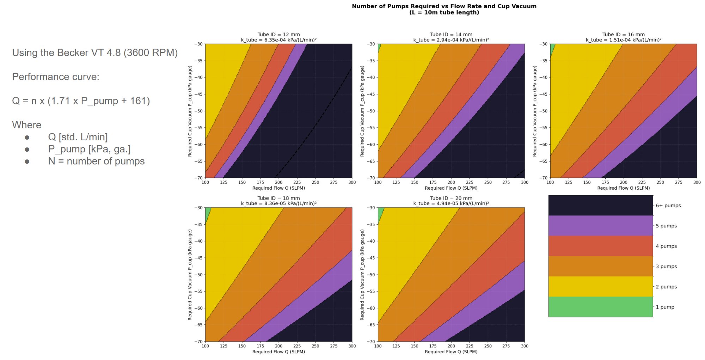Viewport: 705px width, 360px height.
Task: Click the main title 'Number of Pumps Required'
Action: click(x=444, y=6)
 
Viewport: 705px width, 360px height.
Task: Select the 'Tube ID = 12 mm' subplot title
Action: click(x=278, y=35)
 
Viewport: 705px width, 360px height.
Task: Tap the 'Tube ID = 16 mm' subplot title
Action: click(x=623, y=35)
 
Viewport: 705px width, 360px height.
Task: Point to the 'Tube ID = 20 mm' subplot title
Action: click(x=451, y=198)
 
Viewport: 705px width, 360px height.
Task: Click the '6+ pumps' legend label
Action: click(x=668, y=206)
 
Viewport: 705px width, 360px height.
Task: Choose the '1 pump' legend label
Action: click(x=665, y=307)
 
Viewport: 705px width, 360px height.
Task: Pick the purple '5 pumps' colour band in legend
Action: click(x=600, y=226)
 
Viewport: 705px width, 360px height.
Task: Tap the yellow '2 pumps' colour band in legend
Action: click(x=600, y=287)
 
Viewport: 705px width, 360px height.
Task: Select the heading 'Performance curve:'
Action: click(x=56, y=77)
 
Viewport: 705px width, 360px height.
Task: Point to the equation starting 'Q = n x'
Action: click(x=81, y=101)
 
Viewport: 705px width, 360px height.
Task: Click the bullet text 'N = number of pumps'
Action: click(x=96, y=161)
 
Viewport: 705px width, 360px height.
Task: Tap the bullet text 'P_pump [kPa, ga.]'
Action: click(x=89, y=149)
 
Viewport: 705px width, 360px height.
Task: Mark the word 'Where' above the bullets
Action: click(x=27, y=125)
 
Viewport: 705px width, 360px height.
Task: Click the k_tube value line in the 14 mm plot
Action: click(x=451, y=40)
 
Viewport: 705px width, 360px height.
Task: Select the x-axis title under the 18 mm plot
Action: click(x=278, y=352)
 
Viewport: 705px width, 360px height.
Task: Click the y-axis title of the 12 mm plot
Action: click(x=190, y=111)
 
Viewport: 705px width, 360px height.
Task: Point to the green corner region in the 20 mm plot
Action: click(x=380, y=214)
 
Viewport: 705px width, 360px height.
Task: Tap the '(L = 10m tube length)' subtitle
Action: click(x=444, y=12)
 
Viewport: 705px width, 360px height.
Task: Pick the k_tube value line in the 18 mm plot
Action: click(x=278, y=203)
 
